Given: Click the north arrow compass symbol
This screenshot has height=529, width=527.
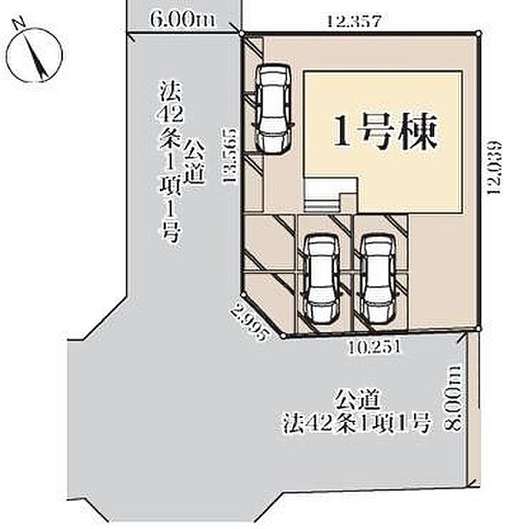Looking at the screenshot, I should pyautogui.click(x=35, y=52).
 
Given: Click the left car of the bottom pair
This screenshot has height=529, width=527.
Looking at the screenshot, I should pyautogui.click(x=321, y=279).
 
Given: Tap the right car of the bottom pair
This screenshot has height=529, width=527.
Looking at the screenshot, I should pyautogui.click(x=376, y=279).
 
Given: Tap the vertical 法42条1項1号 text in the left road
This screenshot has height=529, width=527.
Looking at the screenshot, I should pyautogui.click(x=168, y=161).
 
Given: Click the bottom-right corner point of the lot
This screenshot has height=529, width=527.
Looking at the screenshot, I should pyautogui.click(x=479, y=329).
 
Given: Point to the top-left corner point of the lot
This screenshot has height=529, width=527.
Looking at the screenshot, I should pyautogui.click(x=243, y=34).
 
